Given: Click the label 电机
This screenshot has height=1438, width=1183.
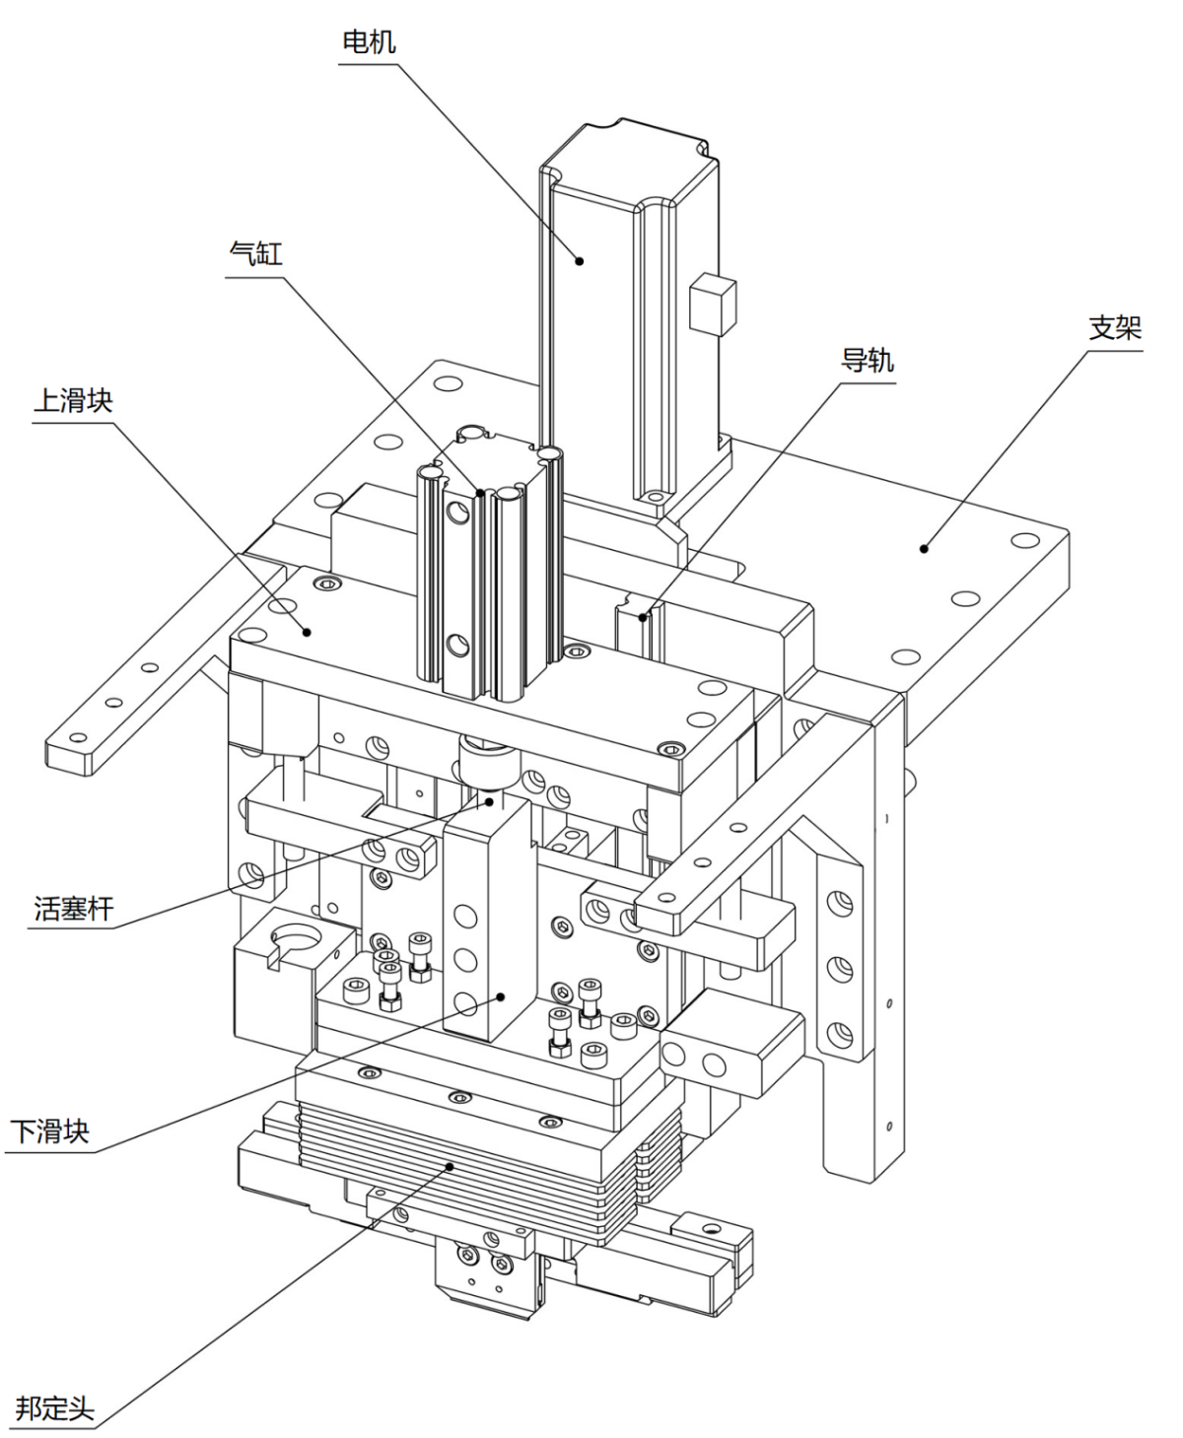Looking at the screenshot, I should click(369, 41).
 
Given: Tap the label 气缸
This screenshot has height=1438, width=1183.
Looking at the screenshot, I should click(255, 253).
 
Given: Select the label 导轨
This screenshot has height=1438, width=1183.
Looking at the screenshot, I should click(867, 361).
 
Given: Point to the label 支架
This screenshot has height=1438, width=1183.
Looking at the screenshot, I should click(1114, 327).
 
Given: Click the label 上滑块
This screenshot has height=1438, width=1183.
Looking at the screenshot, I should click(73, 401).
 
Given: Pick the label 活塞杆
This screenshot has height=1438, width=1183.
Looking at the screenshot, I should click(74, 908).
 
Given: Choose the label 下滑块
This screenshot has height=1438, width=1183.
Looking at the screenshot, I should click(50, 1130).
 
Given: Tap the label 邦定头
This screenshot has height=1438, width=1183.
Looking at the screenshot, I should click(55, 1407).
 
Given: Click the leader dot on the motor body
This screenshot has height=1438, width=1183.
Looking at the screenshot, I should click(580, 260).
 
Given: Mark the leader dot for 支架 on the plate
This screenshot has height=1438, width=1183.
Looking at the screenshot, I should click(924, 548).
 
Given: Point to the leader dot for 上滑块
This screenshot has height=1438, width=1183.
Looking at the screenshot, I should click(308, 631).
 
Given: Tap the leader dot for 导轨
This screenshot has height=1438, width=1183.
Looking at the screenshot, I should click(643, 618).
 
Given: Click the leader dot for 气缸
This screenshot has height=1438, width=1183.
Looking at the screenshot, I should click(480, 492).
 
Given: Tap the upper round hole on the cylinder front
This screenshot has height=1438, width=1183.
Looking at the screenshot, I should click(457, 511).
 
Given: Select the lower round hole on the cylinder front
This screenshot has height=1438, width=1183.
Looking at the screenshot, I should click(457, 647).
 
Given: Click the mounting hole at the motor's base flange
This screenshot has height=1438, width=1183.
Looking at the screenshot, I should click(653, 495).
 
